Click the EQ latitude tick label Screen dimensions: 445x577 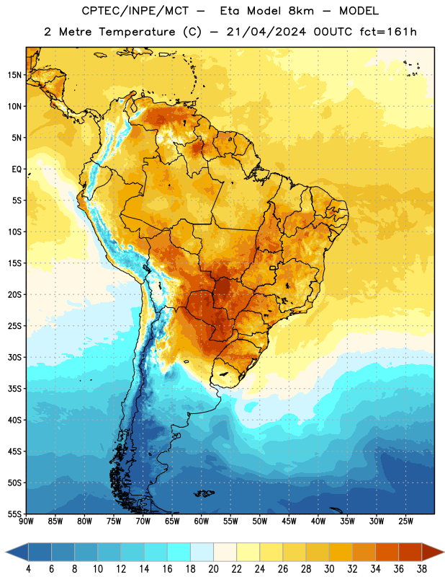point(17,169)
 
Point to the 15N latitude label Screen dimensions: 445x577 point(14,75)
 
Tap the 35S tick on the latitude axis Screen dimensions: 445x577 point(14,389)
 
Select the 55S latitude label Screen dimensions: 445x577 point(14,514)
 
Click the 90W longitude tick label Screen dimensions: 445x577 point(27,521)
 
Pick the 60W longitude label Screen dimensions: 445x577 point(202,521)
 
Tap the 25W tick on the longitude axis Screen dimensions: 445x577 point(405,521)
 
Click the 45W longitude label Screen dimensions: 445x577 point(289,521)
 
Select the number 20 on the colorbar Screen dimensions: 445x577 point(213,569)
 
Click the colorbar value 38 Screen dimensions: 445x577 point(422,569)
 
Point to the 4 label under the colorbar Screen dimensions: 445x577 point(28,569)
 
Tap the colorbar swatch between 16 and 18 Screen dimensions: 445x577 point(179,552)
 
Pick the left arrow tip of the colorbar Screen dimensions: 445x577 point(6,552)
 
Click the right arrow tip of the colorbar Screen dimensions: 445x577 point(444,552)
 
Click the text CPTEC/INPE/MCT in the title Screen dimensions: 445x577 point(135,11)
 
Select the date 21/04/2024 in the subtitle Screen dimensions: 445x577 point(266,32)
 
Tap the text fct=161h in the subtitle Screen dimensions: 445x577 point(388,32)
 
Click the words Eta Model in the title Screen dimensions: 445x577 point(267,11)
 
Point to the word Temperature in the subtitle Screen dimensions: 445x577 point(137,32)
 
